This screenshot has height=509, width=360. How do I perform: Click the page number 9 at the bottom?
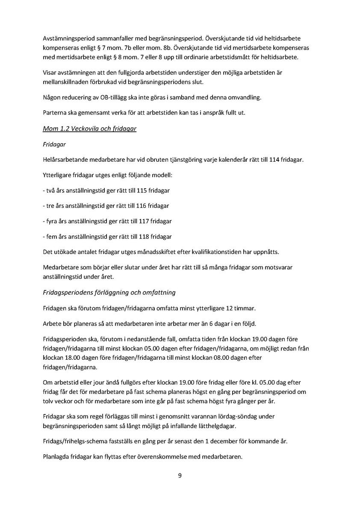[x=180, y=475]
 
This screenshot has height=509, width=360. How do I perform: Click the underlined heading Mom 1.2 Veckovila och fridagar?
[x=89, y=129]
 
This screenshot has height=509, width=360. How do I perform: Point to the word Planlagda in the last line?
[x=56, y=456]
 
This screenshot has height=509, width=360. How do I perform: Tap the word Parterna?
[x=54, y=113]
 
